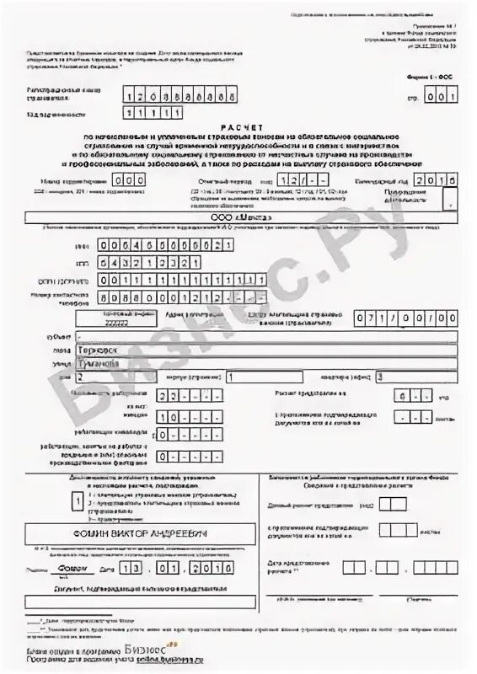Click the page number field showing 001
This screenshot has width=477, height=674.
click(x=437, y=96)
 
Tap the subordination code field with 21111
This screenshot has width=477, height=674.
click(x=147, y=112)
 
